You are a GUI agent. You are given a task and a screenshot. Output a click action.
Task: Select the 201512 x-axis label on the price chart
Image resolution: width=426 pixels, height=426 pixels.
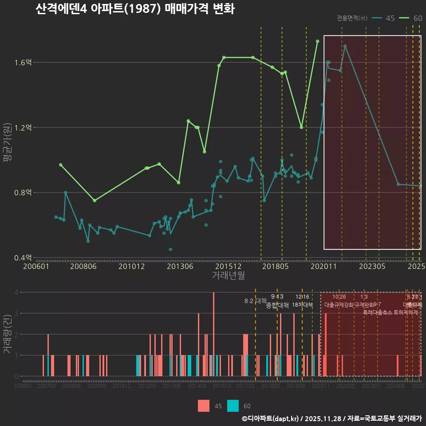tap(228, 267)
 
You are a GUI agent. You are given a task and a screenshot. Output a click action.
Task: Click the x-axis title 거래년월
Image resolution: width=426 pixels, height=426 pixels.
tap(228, 276)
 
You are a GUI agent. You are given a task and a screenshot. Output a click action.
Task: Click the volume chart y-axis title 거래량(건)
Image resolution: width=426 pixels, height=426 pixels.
tap(7, 334)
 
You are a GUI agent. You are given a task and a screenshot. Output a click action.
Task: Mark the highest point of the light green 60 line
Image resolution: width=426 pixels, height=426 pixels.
tap(317, 41)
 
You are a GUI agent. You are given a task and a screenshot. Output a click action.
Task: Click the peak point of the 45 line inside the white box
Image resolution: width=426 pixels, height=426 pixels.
tap(345, 46)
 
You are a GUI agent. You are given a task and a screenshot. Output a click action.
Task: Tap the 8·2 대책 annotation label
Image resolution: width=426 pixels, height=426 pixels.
tap(255, 301)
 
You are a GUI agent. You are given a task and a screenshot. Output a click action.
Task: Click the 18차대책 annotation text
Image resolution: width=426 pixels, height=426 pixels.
tap(302, 305)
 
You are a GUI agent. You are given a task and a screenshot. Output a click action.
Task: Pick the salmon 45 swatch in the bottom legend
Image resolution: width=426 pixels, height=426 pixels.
tap(204, 406)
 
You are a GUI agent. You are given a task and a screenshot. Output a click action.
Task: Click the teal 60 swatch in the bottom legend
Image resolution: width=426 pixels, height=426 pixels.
tap(233, 406)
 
